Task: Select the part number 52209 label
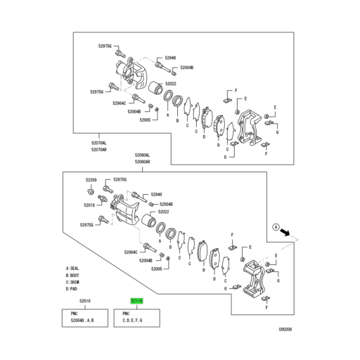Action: (x=92, y=181)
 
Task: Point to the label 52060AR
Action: (x=143, y=161)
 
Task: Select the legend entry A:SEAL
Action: (x=74, y=269)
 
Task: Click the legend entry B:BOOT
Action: (x=74, y=276)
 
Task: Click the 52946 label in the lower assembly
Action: (x=153, y=194)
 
